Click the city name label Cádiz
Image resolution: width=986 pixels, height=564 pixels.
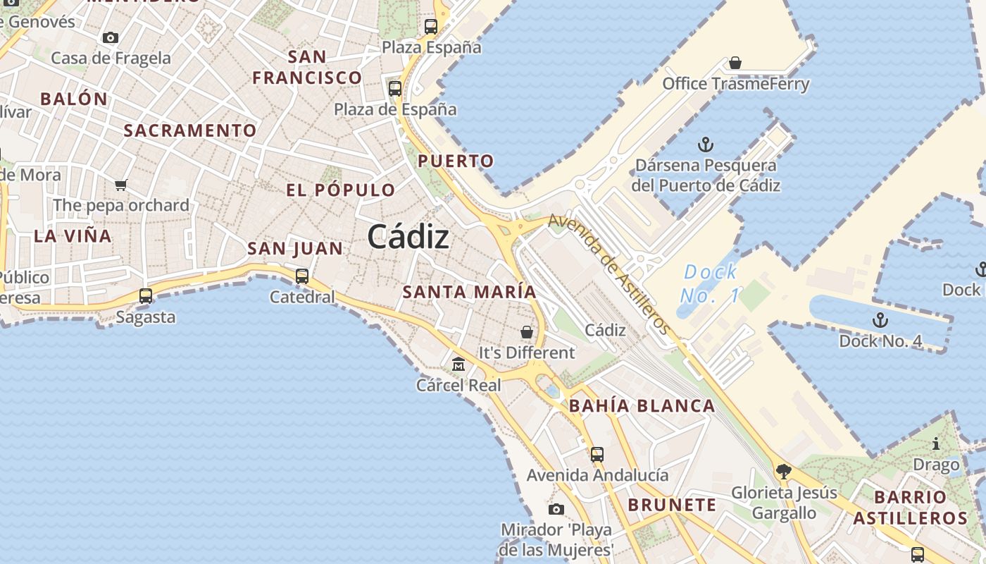point(408,236)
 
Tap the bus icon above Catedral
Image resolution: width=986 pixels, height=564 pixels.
point(302,276)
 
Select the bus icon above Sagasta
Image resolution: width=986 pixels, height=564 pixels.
point(146,296)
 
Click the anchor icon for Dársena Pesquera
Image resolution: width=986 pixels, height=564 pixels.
point(706,145)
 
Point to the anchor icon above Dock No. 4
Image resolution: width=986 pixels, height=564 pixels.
point(880,321)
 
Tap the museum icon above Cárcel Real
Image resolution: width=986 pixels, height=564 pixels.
point(458,364)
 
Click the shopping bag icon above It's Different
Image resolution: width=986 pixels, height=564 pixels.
point(527,331)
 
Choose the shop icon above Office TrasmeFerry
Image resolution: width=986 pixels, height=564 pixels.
point(735,63)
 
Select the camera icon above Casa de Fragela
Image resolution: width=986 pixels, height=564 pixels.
point(111,37)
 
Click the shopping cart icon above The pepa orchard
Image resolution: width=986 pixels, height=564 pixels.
point(120,185)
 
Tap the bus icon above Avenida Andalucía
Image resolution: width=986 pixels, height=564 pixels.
point(597,455)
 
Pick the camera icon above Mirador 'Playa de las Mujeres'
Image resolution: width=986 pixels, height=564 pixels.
point(556,509)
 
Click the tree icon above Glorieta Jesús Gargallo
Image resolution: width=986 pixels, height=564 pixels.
point(783,472)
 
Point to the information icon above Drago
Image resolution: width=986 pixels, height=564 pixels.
point(936,444)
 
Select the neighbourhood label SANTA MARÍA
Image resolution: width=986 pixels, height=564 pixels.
point(469,292)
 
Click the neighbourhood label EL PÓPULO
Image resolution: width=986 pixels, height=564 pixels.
point(340,190)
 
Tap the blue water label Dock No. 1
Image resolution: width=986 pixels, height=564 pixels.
point(710,283)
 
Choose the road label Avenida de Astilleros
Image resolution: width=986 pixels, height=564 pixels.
point(609,274)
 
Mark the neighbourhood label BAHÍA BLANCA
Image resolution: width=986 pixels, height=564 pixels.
point(642,406)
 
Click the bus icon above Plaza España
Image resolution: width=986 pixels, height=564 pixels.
point(431,27)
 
